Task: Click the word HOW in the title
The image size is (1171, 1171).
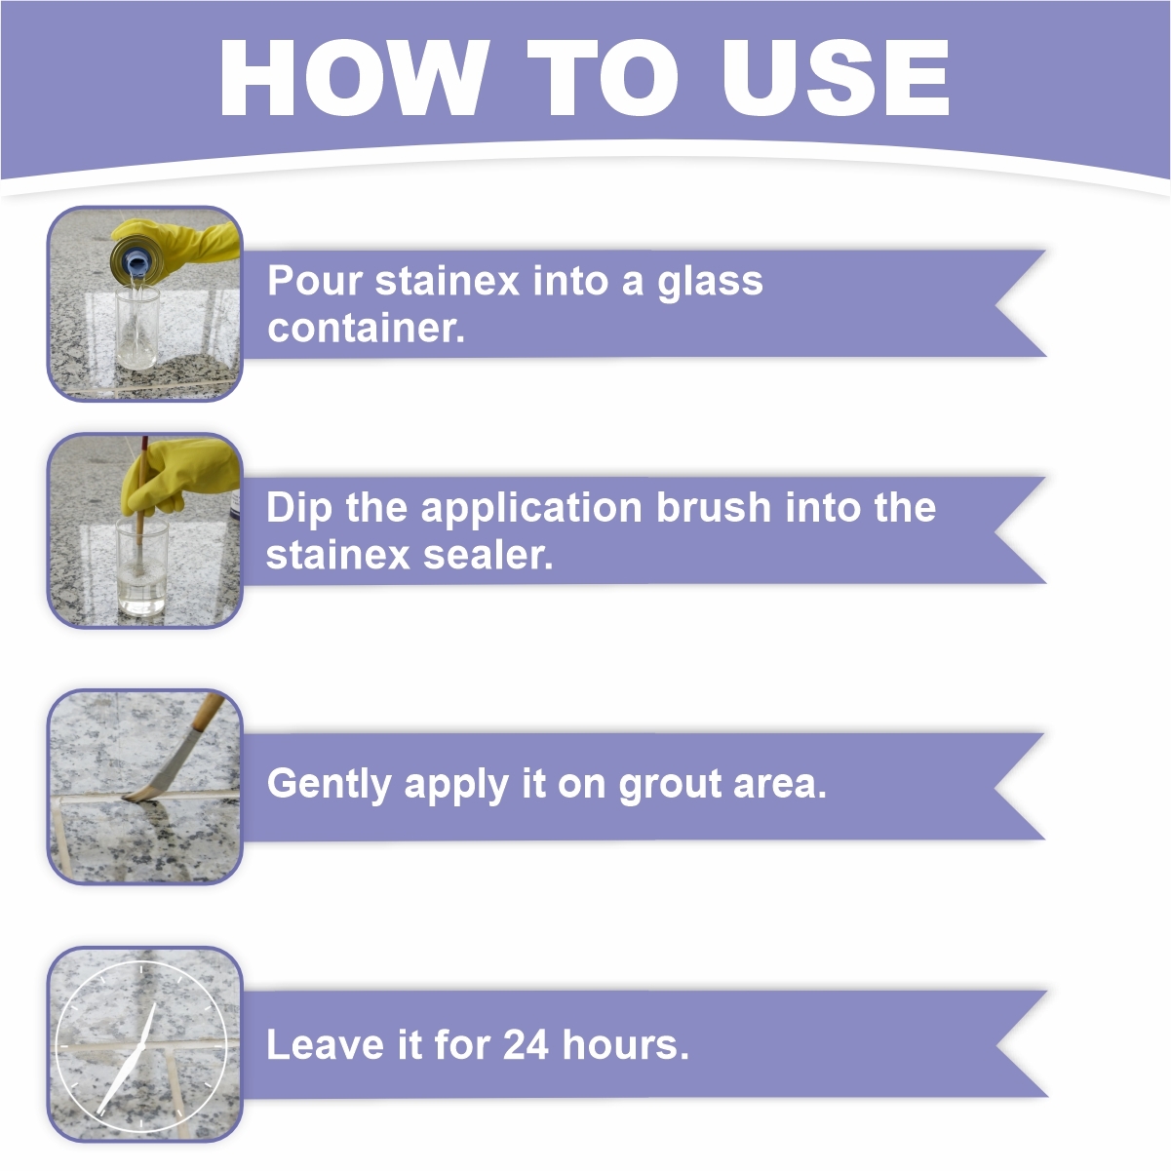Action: click(354, 77)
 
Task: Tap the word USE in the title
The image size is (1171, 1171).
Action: click(836, 77)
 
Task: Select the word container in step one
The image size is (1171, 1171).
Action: click(366, 329)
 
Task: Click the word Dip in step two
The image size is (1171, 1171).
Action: click(299, 508)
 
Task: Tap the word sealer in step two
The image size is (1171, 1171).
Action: click(488, 555)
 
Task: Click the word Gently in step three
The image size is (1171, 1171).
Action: click(329, 785)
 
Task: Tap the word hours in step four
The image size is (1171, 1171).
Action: click(625, 1045)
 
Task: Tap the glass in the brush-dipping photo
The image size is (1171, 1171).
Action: click(141, 565)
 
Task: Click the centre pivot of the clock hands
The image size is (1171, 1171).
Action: click(140, 1046)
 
